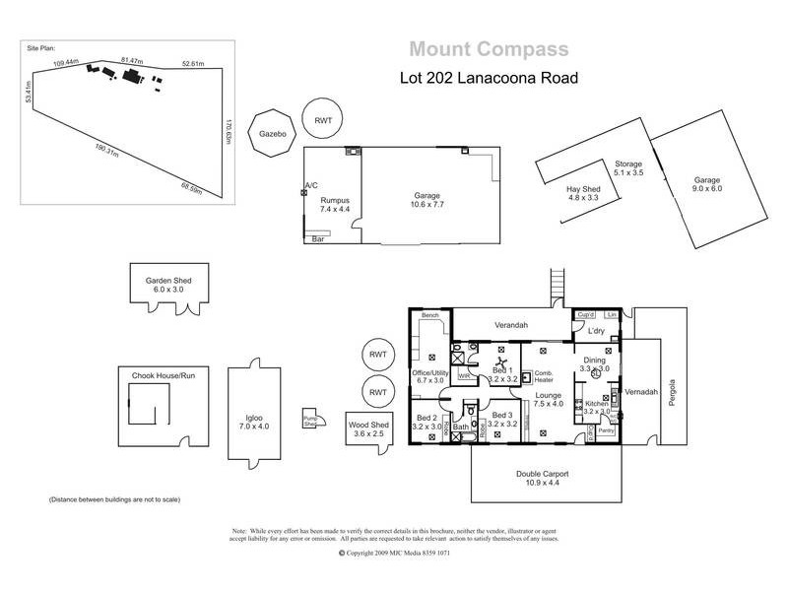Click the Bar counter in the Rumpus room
click(x=318, y=238)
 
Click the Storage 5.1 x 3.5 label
click(x=627, y=168)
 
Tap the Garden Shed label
click(x=169, y=285)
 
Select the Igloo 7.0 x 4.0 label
click(x=254, y=417)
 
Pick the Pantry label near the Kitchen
click(x=607, y=430)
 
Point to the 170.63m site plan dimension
click(x=228, y=130)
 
